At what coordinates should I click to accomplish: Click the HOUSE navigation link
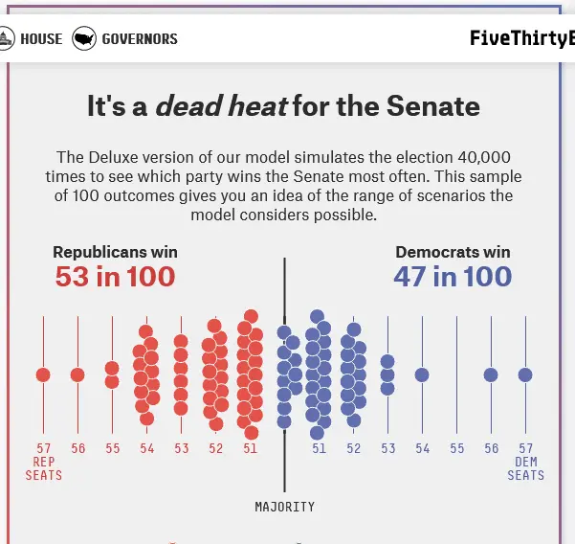pos(40,39)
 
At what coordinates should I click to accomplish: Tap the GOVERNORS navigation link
pos(140,39)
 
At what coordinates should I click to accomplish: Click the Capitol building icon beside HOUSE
pos(8,39)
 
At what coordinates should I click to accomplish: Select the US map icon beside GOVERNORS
pos(84,39)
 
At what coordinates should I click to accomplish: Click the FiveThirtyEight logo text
pos(521,39)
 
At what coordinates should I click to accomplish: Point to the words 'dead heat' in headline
pos(221,105)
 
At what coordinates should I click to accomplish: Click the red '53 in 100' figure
pos(115,278)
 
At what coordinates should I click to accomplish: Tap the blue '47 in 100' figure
pos(453,278)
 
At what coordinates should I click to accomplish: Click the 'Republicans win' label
pos(115,253)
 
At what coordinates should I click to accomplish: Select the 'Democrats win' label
pos(453,253)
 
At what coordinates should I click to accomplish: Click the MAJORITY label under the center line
pos(284,507)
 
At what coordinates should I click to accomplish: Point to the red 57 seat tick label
pos(44,448)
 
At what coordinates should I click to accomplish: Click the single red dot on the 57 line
pos(43,374)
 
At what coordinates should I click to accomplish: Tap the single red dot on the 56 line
pos(77,374)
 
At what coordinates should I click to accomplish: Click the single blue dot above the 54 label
pos(422,374)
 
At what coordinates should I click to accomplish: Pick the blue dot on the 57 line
pos(525,374)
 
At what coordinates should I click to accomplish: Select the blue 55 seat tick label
pos(457,448)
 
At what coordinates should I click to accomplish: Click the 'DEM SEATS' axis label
pos(525,468)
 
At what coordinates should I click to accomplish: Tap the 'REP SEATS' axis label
pos(44,468)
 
